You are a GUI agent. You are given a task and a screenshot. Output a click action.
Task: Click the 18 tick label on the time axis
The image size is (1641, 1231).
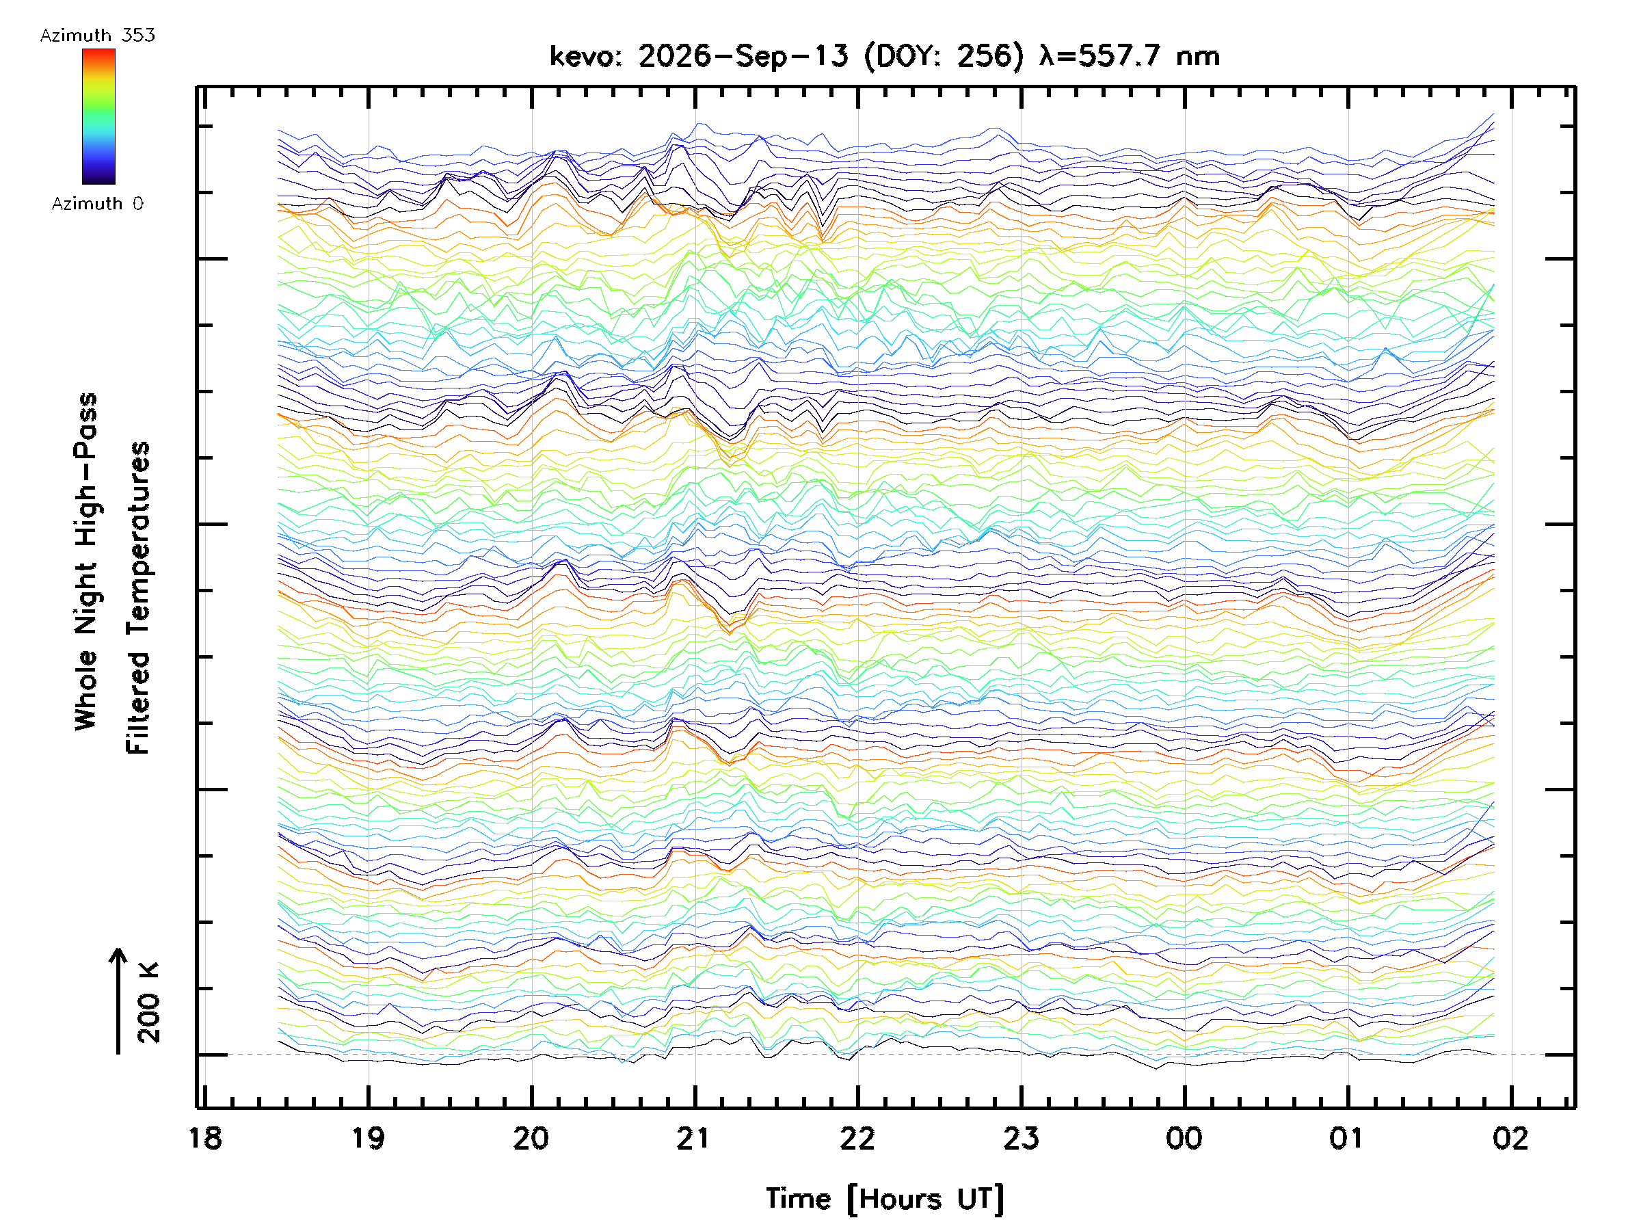(206, 1138)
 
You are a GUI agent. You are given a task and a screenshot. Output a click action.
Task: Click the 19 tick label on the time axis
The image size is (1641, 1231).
(369, 1138)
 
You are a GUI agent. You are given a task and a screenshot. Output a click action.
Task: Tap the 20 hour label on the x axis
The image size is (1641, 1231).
(531, 1138)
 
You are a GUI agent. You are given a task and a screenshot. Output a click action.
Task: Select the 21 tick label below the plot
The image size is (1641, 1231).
(695, 1138)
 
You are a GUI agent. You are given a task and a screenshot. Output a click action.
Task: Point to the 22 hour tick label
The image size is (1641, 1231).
(857, 1138)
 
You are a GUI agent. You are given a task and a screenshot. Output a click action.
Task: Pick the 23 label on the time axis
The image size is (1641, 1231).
(1021, 1138)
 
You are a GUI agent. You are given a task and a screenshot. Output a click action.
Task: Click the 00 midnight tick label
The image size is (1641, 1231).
(1184, 1138)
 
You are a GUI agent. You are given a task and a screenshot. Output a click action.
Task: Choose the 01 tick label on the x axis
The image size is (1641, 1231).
(1347, 1138)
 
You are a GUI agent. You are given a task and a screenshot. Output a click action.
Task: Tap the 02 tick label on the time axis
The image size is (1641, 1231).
(1510, 1138)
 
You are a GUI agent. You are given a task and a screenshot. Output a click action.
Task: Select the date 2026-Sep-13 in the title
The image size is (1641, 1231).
(743, 56)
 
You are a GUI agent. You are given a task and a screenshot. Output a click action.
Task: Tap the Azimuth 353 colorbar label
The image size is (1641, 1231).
(98, 36)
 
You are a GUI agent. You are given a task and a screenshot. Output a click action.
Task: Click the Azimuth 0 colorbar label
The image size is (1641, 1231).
(98, 203)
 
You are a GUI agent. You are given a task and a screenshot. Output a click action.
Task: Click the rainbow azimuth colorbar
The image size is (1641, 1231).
(98, 116)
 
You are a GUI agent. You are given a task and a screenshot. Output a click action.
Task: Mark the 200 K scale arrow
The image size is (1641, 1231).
(118, 1001)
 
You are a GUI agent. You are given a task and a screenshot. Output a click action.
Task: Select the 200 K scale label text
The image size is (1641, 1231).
(148, 1003)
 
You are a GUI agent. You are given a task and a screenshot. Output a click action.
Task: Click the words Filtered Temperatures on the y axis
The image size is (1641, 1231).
(138, 598)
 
